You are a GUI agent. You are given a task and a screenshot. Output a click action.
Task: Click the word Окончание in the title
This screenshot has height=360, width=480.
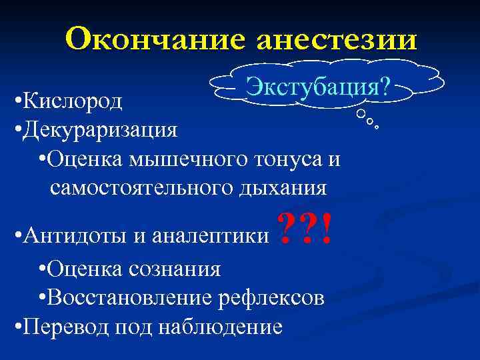154,39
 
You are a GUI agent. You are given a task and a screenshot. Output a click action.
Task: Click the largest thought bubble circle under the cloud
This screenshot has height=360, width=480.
361,115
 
